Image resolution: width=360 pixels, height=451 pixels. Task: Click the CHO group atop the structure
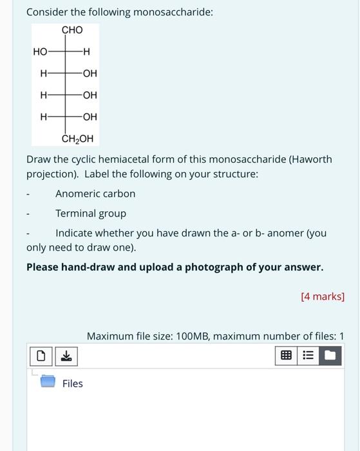click(72, 30)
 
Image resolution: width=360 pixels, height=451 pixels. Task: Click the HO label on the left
click(40, 52)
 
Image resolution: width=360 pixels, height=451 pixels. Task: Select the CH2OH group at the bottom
click(77, 138)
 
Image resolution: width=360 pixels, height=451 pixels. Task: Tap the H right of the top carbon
click(87, 52)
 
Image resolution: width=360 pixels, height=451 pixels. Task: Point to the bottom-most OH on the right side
click(90, 117)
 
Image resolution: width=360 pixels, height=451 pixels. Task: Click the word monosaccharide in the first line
click(171, 12)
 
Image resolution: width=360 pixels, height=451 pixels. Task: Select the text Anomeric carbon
click(95, 193)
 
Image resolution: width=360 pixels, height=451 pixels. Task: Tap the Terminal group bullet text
click(91, 213)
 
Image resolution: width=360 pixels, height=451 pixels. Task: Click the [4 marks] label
click(323, 296)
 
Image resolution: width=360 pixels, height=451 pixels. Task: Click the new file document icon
click(41, 356)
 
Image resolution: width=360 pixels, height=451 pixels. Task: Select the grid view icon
click(287, 355)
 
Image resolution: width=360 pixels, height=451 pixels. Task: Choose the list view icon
click(308, 355)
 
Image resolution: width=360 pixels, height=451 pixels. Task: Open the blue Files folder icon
click(48, 381)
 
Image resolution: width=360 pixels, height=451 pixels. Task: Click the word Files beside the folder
click(73, 383)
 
